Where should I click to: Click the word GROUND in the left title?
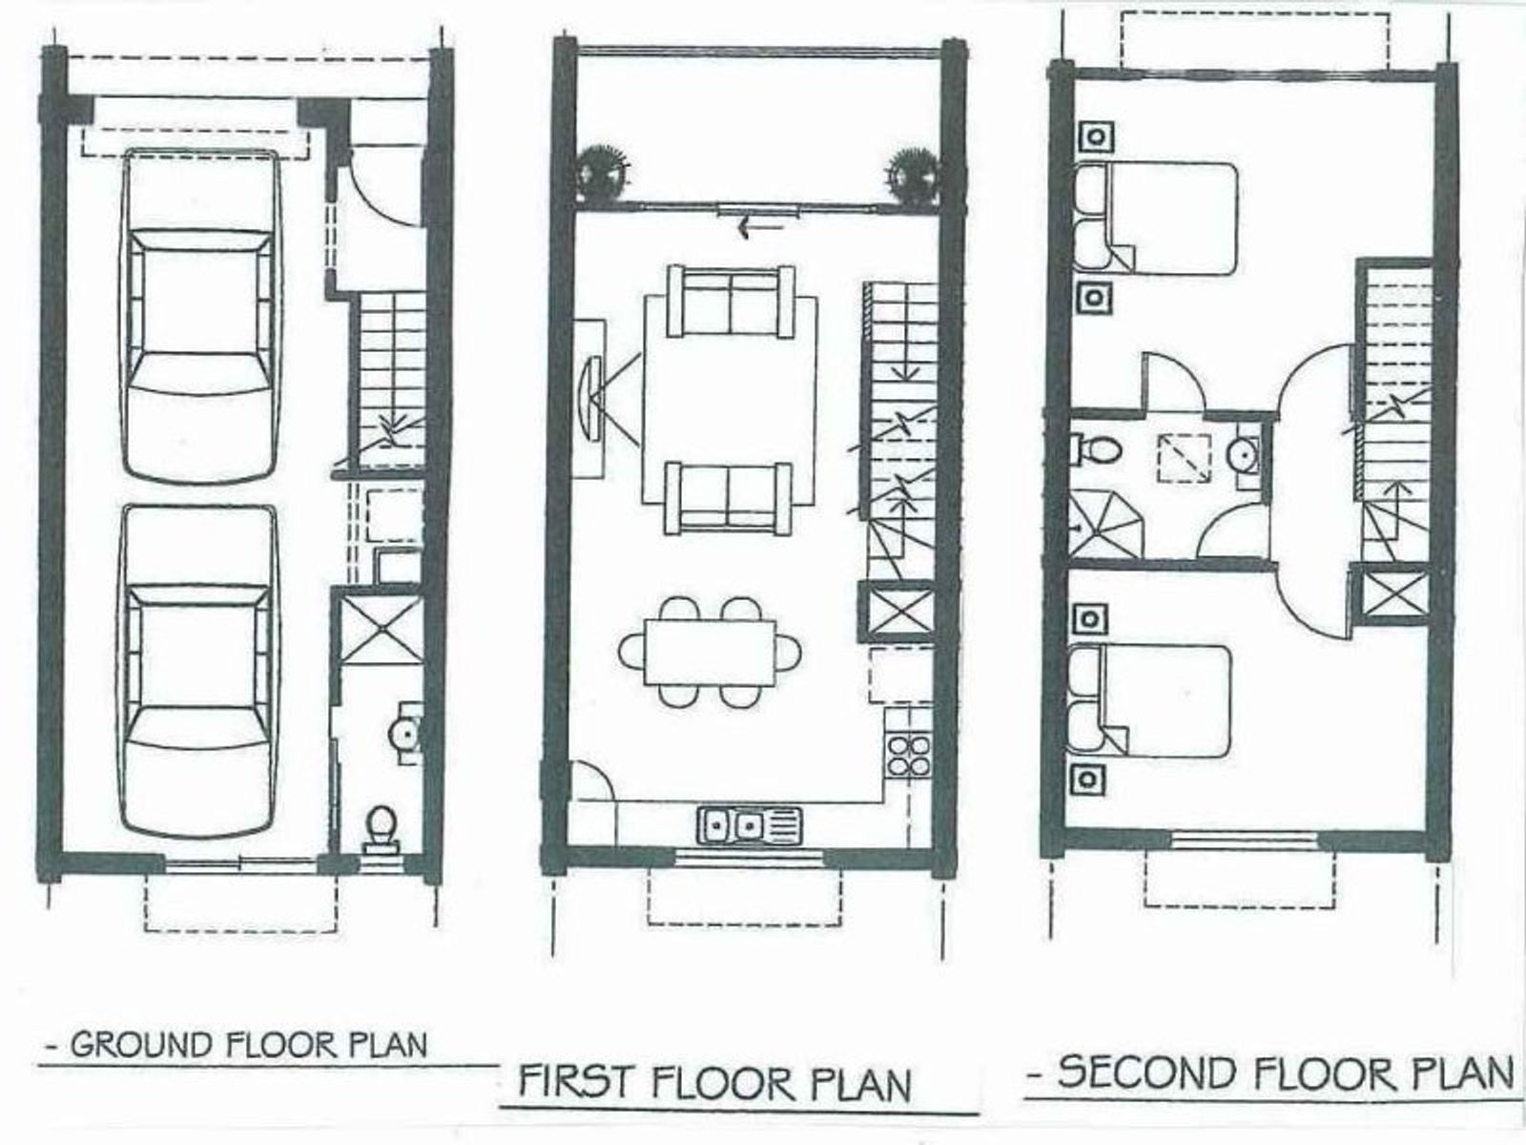140,1044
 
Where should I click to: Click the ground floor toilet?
381,828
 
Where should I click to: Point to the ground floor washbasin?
404,733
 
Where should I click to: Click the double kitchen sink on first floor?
750,825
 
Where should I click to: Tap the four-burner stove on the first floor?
909,755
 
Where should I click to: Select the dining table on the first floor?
710,652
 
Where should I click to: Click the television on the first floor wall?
591,398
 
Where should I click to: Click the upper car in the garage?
200,316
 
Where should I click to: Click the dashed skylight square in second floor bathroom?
1185,457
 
